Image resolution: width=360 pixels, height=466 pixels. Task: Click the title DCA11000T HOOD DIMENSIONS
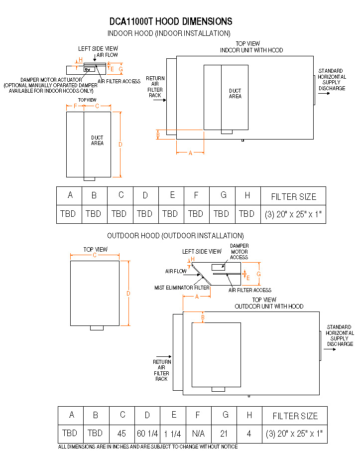(x=171, y=21)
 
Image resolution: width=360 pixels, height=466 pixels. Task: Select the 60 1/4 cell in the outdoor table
(x=147, y=434)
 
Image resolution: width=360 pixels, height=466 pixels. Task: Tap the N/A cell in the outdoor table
(x=198, y=434)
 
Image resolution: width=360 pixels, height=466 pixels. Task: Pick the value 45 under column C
(x=121, y=434)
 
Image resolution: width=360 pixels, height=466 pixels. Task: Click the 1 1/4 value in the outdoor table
(x=173, y=434)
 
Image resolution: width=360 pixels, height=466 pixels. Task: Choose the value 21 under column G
(x=224, y=434)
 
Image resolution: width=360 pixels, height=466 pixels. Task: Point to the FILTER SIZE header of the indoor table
(x=293, y=197)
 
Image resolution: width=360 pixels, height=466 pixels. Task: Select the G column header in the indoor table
(x=224, y=195)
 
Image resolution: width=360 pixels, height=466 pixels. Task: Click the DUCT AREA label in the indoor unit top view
(x=235, y=93)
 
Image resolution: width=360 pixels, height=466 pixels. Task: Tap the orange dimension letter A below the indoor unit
(x=190, y=153)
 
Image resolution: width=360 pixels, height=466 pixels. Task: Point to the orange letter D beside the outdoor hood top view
(x=128, y=294)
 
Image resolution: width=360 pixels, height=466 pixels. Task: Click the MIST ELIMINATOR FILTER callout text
(x=182, y=288)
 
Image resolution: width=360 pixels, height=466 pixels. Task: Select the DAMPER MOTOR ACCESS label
(x=240, y=251)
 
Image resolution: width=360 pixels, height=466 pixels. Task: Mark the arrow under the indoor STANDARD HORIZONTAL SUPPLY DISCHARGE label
(x=324, y=93)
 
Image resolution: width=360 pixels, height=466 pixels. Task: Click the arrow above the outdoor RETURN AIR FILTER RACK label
(x=164, y=356)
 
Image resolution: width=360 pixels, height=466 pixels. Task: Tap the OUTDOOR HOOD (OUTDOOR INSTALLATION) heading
(x=175, y=236)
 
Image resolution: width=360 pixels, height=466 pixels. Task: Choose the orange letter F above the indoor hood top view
(x=75, y=106)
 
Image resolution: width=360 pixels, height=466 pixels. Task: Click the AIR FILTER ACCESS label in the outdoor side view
(x=250, y=290)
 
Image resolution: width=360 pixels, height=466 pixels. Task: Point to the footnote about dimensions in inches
(x=148, y=447)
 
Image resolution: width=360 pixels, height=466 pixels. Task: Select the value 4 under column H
(x=249, y=434)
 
